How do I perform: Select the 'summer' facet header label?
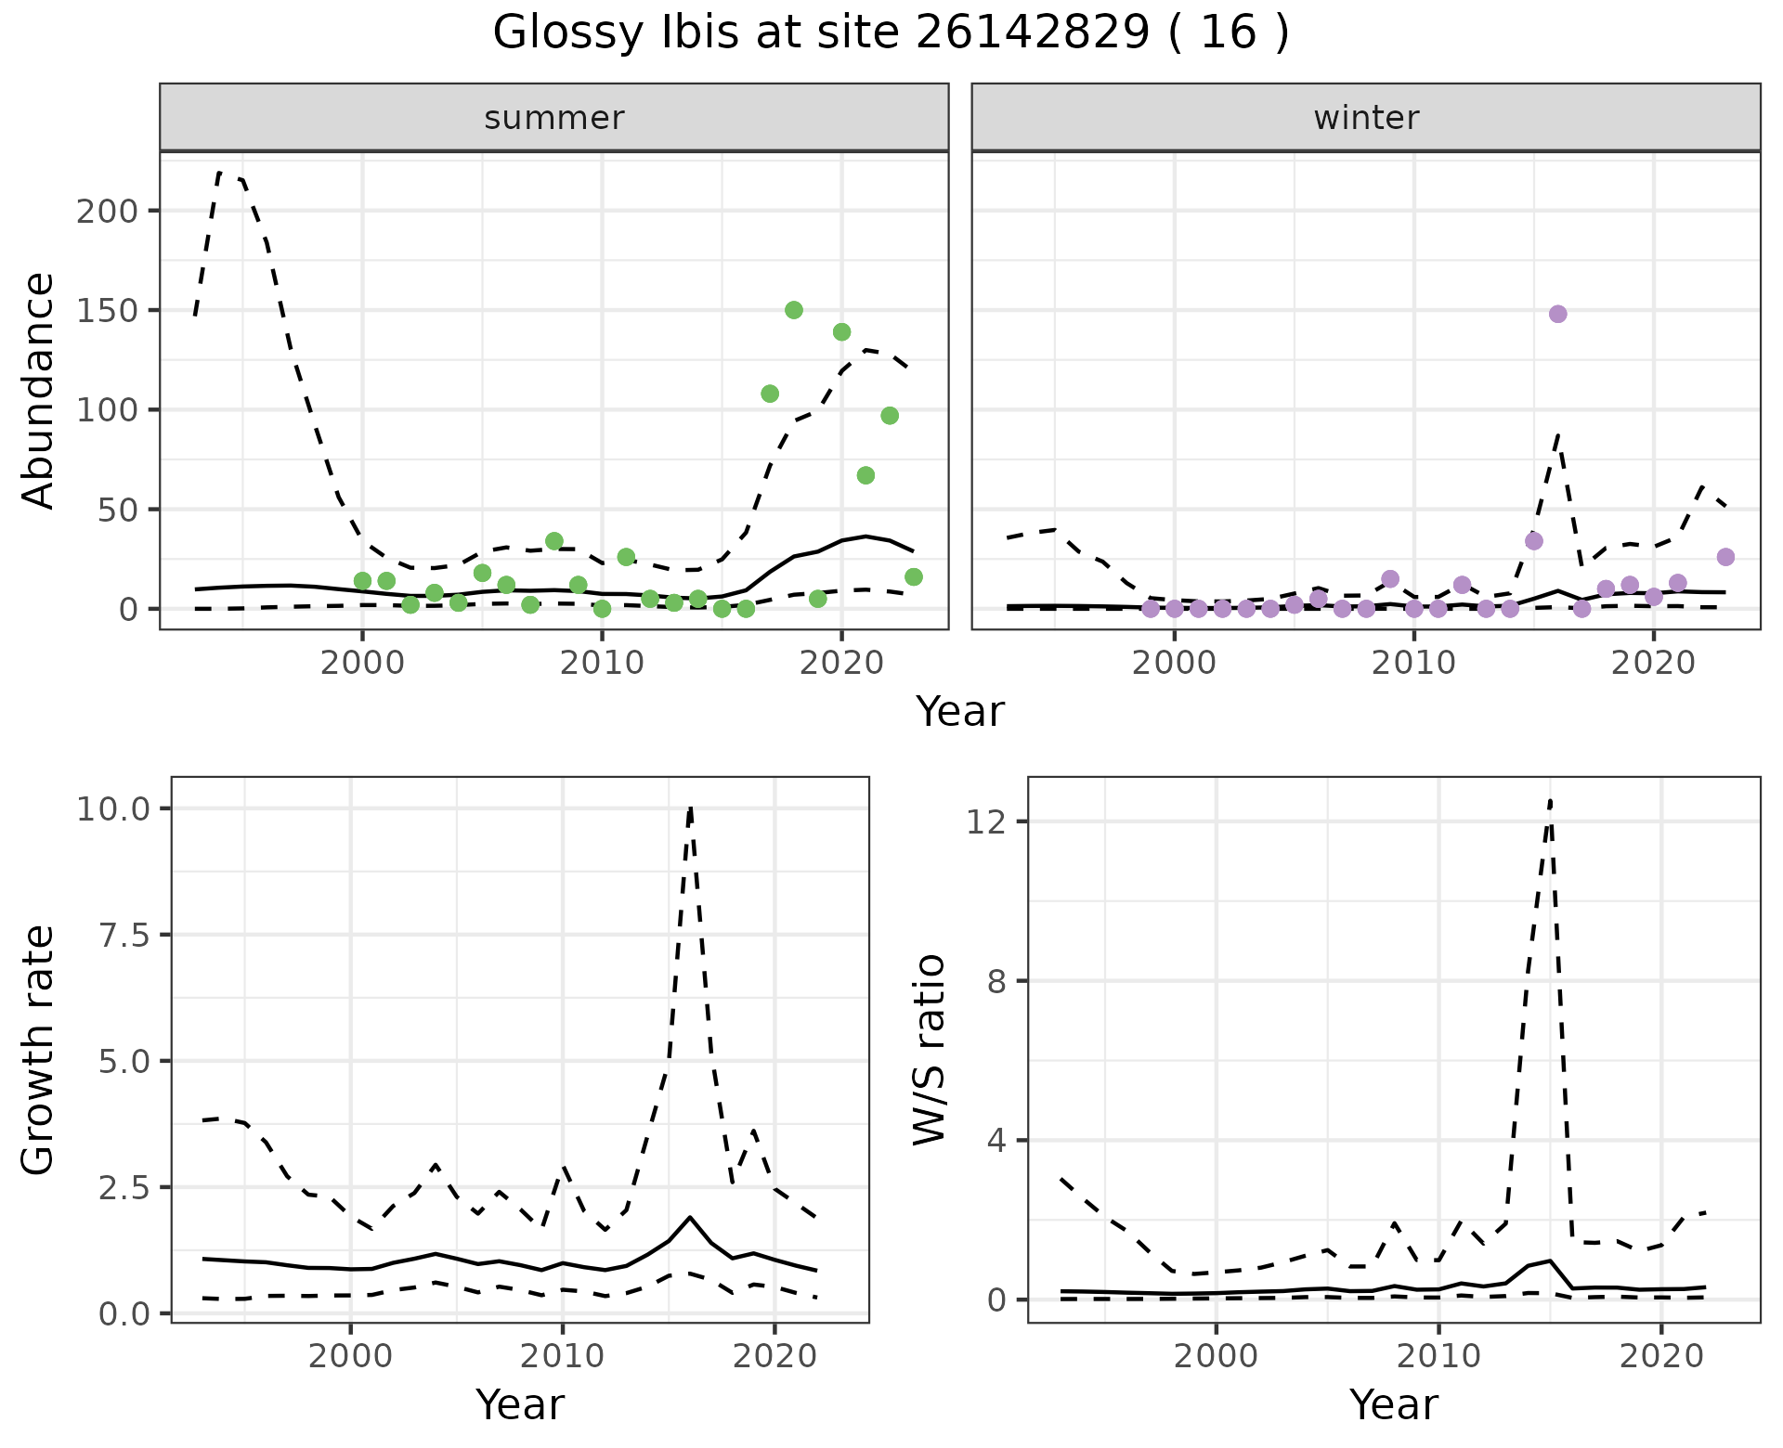click(554, 118)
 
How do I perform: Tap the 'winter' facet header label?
click(1366, 118)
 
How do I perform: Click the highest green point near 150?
click(794, 310)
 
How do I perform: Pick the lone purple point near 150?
click(1558, 314)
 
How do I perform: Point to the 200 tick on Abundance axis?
click(107, 211)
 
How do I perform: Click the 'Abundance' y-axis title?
click(38, 391)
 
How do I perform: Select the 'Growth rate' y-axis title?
click(38, 1050)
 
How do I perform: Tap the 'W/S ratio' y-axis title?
click(930, 1050)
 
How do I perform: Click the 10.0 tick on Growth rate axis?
click(112, 808)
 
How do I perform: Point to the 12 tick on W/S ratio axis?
click(985, 821)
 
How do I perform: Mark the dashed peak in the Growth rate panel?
click(691, 808)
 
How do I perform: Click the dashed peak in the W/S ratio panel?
click(1550, 800)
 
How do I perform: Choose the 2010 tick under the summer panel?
click(602, 663)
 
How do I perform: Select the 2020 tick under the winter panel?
click(1653, 663)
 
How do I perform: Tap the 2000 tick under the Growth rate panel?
click(350, 1356)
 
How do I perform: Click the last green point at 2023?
click(914, 577)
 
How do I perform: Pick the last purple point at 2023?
click(1725, 557)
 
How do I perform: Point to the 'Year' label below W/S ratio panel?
click(1394, 1404)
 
